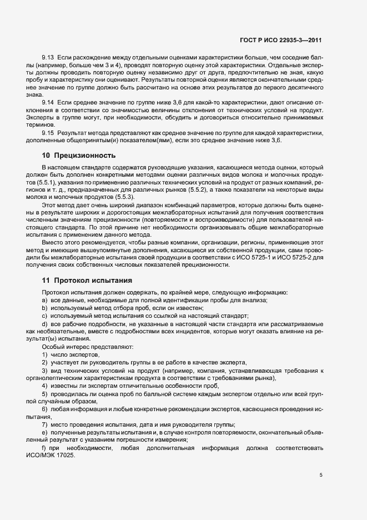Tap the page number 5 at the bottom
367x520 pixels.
320,475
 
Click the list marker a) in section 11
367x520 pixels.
44,301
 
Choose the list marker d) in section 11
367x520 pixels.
44,323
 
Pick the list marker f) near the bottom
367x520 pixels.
44,447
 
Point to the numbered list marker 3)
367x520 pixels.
44,371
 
